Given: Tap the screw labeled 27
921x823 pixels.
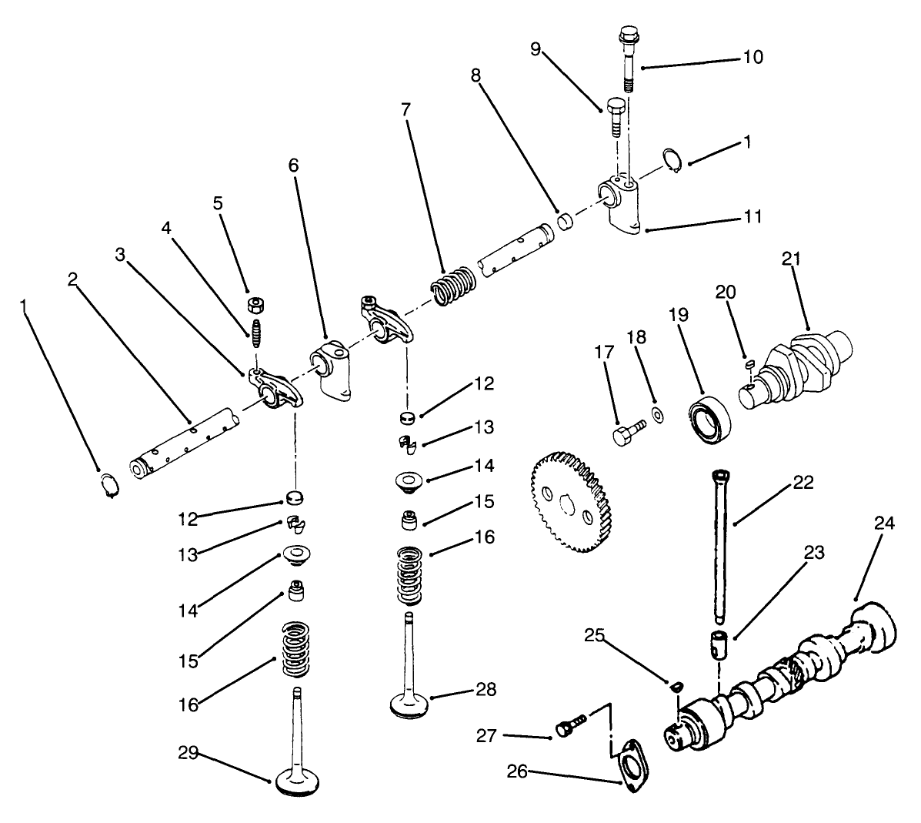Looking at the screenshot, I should pos(570,724).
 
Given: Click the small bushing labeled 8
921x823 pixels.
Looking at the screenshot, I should pos(566,223).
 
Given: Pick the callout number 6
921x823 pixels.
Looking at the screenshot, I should pos(293,165).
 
